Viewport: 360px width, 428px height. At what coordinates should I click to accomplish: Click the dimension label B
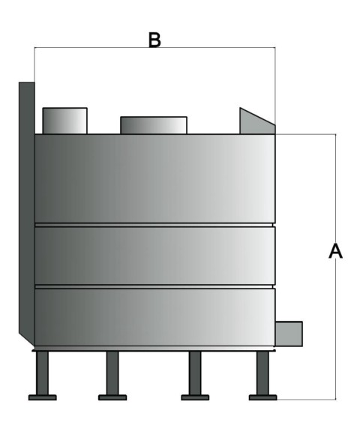coord(154,40)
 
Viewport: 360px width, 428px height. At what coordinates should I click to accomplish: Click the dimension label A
coord(335,251)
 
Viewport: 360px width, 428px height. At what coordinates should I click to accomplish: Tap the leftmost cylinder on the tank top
coord(64,121)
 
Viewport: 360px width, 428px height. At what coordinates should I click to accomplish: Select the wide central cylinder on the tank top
coord(154,126)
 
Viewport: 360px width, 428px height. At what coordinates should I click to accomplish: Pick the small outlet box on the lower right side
coord(289,334)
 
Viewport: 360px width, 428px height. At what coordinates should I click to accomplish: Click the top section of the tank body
coord(154,178)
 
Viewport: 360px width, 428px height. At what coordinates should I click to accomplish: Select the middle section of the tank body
coord(154,256)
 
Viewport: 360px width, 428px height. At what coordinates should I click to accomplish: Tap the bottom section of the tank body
coord(154,317)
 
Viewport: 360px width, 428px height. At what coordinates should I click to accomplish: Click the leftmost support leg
coord(42,373)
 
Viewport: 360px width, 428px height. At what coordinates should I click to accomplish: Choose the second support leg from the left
coord(112,373)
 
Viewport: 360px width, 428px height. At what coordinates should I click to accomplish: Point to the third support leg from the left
coord(195,373)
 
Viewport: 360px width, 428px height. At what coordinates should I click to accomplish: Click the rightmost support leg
coord(262,373)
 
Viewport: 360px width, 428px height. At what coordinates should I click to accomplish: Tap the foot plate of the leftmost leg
coord(42,397)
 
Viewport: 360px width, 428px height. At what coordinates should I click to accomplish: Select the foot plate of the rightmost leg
coord(262,397)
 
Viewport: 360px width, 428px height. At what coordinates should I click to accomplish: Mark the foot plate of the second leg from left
coord(112,397)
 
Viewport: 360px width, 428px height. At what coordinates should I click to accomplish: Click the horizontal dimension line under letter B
coord(154,48)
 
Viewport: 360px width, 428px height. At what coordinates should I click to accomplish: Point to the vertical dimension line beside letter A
coord(336,267)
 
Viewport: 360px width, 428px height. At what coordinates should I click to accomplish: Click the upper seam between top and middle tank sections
coord(154,225)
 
